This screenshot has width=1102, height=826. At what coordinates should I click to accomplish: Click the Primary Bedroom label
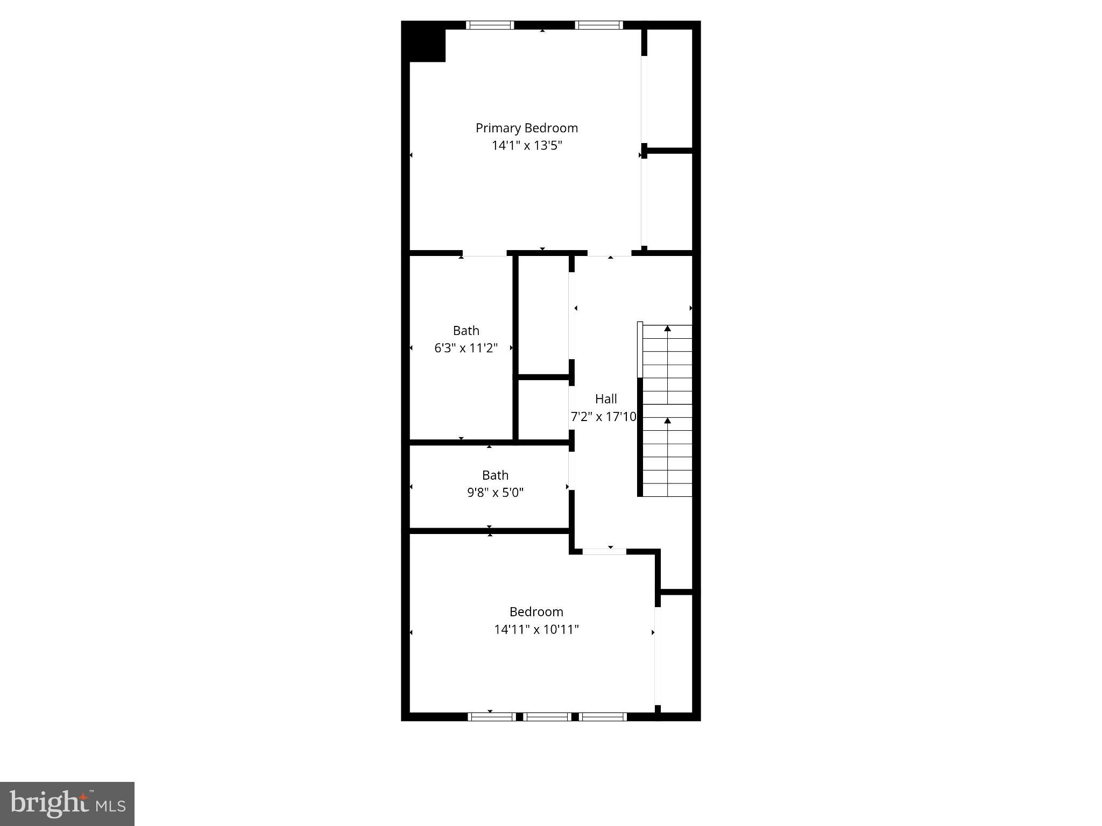[526, 128]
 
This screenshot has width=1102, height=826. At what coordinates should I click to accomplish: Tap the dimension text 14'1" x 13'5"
[526, 145]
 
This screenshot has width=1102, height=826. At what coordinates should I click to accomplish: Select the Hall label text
[605, 399]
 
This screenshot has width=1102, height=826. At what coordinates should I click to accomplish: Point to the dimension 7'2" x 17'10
[603, 416]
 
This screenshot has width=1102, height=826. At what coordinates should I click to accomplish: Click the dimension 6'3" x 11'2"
[465, 348]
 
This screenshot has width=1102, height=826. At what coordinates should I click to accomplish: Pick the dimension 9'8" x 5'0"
[495, 493]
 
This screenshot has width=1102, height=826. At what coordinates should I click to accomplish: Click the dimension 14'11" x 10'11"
[536, 629]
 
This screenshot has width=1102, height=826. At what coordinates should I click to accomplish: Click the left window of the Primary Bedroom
[490, 25]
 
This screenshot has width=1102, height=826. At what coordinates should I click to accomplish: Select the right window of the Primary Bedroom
[599, 25]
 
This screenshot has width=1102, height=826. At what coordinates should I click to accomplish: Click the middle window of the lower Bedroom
[547, 716]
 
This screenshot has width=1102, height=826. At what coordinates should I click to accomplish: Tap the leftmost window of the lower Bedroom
[491, 716]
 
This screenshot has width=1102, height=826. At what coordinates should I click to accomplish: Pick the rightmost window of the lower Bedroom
[603, 716]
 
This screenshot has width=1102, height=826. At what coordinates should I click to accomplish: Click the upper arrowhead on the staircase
[667, 328]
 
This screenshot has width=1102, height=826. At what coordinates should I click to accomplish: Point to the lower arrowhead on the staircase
[667, 420]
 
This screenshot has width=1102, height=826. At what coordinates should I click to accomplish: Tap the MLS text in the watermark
[111, 806]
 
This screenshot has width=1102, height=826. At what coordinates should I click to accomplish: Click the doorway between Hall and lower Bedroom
[604, 551]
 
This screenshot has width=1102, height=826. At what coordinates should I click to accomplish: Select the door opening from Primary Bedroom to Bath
[484, 253]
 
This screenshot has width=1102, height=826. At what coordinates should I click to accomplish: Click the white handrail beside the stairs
[640, 350]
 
